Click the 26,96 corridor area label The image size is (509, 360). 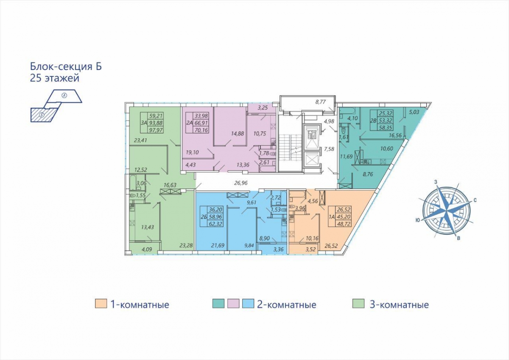point(241,183)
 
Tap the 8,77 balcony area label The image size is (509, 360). point(321,102)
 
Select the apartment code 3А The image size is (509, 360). point(144,123)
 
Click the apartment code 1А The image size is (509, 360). point(332,217)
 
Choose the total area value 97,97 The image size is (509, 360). point(156,130)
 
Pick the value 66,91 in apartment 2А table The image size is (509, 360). point(201,123)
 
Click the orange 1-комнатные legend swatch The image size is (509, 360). point(101,304)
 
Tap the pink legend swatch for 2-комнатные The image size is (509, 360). point(233,304)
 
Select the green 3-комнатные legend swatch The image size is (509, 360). point(358,304)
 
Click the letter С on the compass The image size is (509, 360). point(475,200)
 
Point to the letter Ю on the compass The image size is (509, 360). point(417,220)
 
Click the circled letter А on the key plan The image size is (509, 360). point(64,96)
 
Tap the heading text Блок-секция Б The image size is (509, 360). point(66,67)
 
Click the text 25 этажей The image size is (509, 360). point(55,79)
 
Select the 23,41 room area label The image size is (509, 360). point(140,141)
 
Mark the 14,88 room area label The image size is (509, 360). point(238,133)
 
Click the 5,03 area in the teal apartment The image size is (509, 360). point(414,112)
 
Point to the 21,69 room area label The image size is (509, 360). point(218,245)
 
